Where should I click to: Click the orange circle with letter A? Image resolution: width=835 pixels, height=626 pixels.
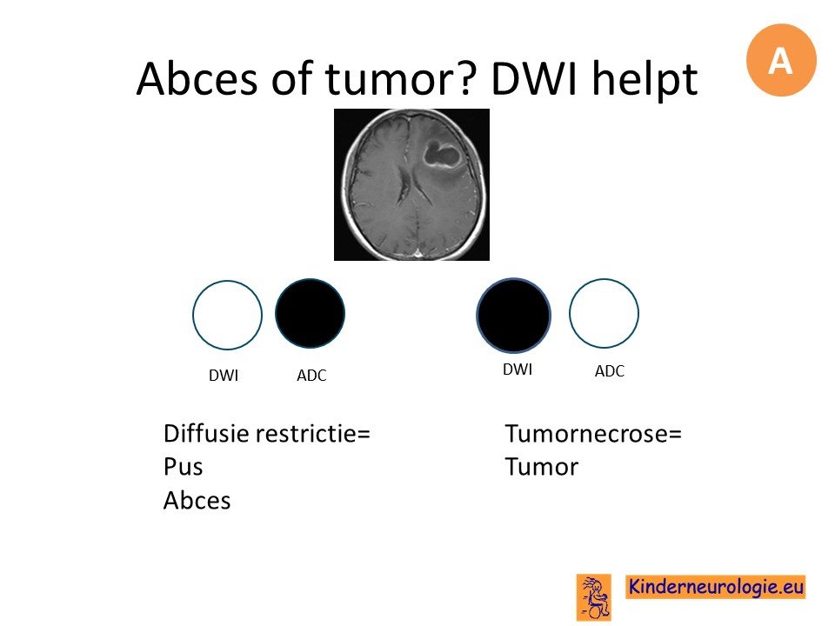tap(781, 60)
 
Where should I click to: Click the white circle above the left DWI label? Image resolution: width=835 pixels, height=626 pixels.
tap(227, 315)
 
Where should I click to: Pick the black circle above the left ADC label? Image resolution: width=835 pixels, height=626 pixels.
tap(310, 313)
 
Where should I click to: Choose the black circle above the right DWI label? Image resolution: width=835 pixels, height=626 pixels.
tap(513, 315)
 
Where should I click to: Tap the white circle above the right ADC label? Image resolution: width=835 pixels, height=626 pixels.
tap(604, 313)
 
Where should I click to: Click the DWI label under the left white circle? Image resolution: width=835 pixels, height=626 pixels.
tap(224, 376)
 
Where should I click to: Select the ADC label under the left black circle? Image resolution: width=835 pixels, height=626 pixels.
tap(311, 376)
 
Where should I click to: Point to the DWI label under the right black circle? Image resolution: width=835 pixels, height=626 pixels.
tap(518, 370)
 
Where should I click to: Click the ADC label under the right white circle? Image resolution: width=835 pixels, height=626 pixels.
tap(609, 371)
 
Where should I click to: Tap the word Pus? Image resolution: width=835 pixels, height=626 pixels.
tap(184, 467)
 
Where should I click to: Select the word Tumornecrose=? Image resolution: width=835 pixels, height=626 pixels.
tap(593, 433)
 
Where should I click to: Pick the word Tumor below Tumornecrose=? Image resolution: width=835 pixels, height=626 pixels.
tap(542, 467)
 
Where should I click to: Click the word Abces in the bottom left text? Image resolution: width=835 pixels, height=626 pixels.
tap(197, 501)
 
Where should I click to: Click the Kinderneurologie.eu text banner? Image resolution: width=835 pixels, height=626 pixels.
tap(715, 587)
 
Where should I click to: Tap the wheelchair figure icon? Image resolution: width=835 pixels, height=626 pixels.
tap(594, 597)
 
